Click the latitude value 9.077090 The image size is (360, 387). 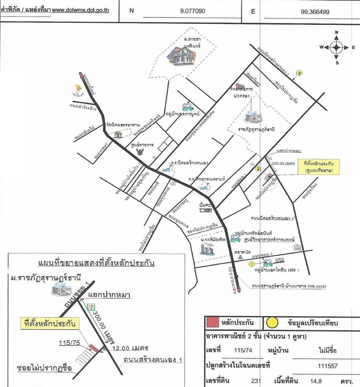pyautogui.click(x=193, y=11)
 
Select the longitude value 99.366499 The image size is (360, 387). pyautogui.click(x=315, y=11)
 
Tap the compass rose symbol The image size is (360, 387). pyautogui.click(x=337, y=47)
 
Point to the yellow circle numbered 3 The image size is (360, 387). pyautogui.click(x=299, y=73)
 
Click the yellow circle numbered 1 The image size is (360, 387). pyautogui.click(x=251, y=264)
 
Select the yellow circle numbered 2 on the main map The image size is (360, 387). pyautogui.click(x=258, y=170)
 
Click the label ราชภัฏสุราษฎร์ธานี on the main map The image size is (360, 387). pyautogui.click(x=257, y=129)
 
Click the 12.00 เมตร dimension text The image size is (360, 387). pyautogui.click(x=127, y=348)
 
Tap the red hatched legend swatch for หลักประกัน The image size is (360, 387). pyautogui.click(x=216, y=323)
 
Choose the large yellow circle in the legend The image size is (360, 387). pyautogui.click(x=272, y=323)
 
